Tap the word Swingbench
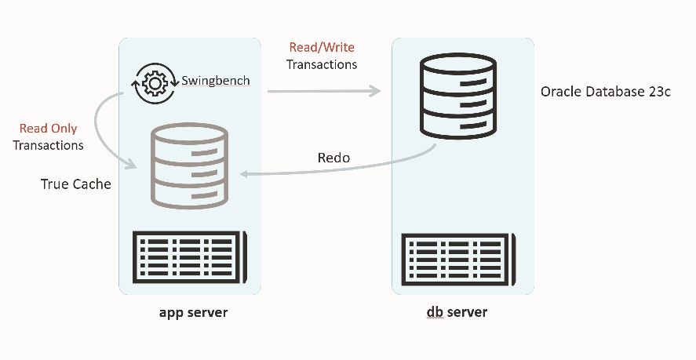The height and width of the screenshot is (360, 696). coord(216,81)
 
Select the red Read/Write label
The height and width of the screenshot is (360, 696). coord(322,48)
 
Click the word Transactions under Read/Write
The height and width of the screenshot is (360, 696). coord(322,64)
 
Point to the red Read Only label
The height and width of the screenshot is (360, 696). coord(49,129)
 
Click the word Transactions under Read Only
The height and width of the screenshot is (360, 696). coord(48,145)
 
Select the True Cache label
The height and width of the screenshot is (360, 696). coord(76,184)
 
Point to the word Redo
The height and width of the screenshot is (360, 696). coord(333,158)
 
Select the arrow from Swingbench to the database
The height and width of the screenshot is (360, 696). coord(323,92)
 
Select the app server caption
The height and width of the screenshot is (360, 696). coord(193,312)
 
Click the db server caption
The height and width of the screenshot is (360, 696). coord(457,312)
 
